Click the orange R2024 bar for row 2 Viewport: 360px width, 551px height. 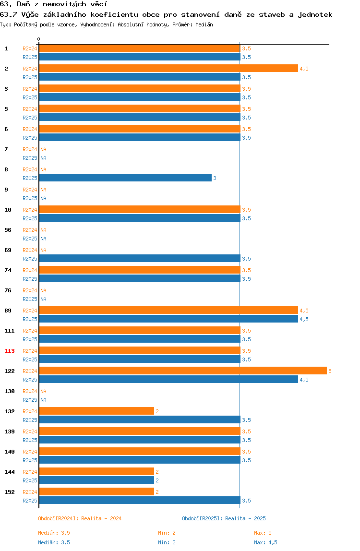pos(168,69)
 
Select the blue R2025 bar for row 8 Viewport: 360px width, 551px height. pos(125,178)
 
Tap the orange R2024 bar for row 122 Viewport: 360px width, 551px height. pos(183,371)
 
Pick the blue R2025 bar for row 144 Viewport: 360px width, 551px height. pos(96,480)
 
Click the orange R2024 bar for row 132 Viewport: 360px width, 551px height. pos(96,411)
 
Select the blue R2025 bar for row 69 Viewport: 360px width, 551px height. pos(140,259)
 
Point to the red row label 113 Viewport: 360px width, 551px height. pos(10,351)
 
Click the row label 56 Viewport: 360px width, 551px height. pos(8,230)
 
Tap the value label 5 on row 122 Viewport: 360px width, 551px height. pos(330,371)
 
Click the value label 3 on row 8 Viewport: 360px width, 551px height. pos(215,178)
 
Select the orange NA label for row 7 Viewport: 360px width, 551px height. pos(43,149)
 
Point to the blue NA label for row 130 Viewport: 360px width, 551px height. pos(43,400)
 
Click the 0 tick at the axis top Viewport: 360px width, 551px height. pos(39,39)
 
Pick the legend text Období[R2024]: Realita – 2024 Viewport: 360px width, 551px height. pos(80,518)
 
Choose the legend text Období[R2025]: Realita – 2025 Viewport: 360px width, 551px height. pos(224,518)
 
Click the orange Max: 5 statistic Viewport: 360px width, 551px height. pos(263,533)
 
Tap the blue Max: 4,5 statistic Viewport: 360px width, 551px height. pos(265,542)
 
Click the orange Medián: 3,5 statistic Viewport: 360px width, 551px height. pos(54,533)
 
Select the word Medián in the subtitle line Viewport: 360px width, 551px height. pos(204,24)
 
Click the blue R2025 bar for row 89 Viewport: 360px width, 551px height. pos(168,319)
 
